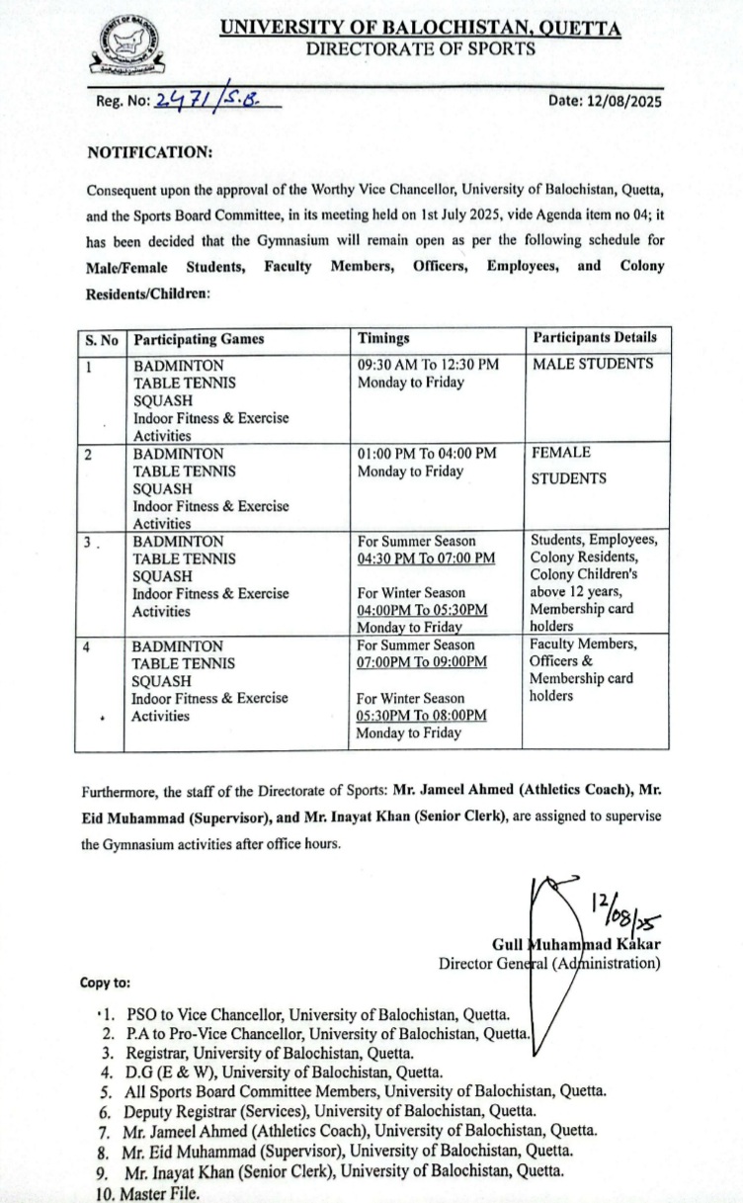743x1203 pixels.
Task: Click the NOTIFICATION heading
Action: pos(150,153)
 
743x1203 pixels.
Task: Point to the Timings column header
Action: pos(383,338)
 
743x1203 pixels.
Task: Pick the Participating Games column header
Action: pos(199,338)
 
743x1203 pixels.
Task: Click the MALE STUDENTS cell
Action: pos(593,364)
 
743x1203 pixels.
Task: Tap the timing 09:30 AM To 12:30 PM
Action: pos(428,364)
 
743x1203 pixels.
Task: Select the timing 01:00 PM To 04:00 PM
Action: pos(427,453)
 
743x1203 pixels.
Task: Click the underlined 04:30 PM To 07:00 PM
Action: pos(427,559)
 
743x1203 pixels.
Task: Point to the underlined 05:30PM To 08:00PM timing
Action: pos(423,715)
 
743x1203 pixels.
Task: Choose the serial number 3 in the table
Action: pos(90,542)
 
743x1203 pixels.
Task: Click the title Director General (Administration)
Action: pos(549,962)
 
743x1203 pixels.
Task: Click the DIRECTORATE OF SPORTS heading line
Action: pos(420,48)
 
